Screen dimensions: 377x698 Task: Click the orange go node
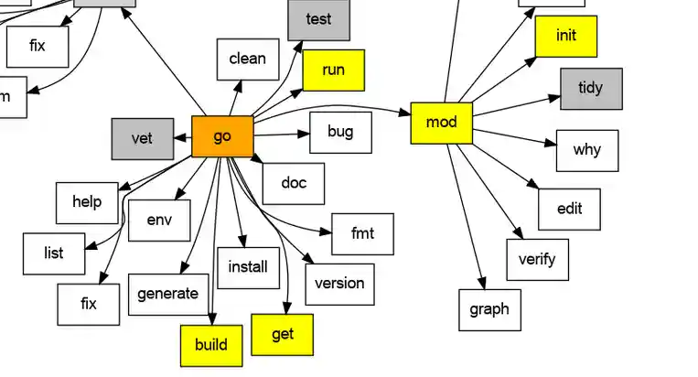(x=222, y=136)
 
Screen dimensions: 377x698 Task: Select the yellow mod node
(x=442, y=123)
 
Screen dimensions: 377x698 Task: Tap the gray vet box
(x=142, y=138)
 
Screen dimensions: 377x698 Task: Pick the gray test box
(x=318, y=19)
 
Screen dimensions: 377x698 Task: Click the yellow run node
(x=333, y=70)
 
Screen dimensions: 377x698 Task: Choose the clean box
(x=247, y=59)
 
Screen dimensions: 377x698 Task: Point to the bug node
(x=340, y=132)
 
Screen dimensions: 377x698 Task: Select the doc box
(x=293, y=183)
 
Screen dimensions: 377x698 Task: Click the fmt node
(x=363, y=233)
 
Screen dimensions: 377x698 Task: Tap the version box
(x=339, y=283)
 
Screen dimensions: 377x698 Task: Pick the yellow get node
(x=283, y=334)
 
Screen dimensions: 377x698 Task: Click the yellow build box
(x=211, y=345)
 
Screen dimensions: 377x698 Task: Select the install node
(x=248, y=267)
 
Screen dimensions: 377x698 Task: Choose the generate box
(x=167, y=294)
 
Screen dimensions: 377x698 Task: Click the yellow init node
(x=566, y=36)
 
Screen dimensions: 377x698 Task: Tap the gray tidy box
(x=591, y=88)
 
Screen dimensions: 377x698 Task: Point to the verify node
(x=537, y=259)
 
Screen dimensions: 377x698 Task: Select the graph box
(x=489, y=309)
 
